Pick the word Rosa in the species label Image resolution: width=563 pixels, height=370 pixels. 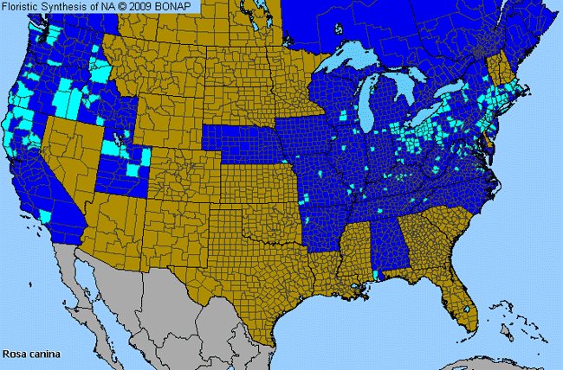pyautogui.click(x=14, y=354)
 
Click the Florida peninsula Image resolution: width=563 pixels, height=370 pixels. pyautogui.click(x=463, y=294)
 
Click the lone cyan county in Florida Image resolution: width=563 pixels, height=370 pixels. pyautogui.click(x=469, y=309)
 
